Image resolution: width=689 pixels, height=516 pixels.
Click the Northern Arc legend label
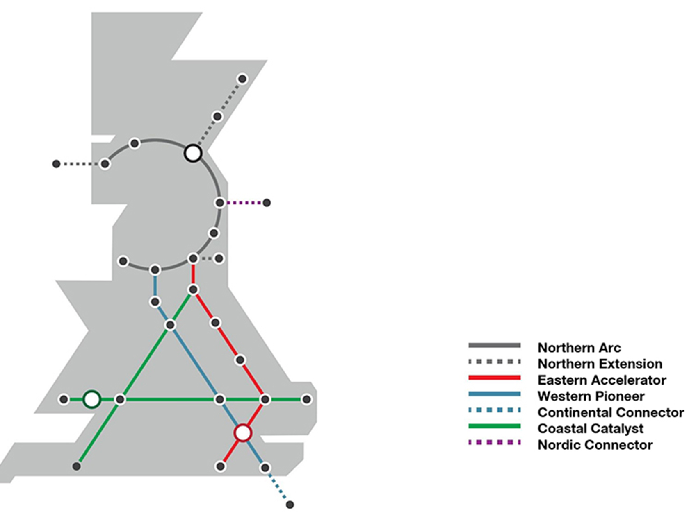coord(579,348)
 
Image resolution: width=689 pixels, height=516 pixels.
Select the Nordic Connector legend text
coord(595,445)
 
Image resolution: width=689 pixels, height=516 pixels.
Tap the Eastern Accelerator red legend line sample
coord(494,378)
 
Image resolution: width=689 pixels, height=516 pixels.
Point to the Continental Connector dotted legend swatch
coord(494,410)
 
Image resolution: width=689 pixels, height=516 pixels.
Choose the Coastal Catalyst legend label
coord(590,428)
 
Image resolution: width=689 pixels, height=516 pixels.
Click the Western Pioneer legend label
coord(591,396)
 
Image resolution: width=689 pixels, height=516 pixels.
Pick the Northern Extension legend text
coord(600,364)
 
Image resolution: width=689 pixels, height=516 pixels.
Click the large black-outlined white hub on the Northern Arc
coord(193,153)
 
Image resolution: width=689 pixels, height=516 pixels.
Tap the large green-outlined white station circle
coord(92,399)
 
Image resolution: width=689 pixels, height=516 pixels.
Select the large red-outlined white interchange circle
coord(242,432)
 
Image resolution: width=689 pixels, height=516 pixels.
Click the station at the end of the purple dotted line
coord(267,202)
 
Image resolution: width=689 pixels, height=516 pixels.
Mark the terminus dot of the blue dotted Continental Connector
coord(290,505)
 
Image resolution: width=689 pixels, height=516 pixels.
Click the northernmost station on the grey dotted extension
coord(242,79)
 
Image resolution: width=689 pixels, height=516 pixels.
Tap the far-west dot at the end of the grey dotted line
coord(56,164)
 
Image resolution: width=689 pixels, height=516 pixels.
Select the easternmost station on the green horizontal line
coord(306,399)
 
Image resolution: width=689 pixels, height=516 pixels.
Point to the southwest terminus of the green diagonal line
coord(76,466)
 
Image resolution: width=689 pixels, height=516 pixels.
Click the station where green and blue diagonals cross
coord(170,325)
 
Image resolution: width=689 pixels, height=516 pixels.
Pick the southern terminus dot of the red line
coord(221,466)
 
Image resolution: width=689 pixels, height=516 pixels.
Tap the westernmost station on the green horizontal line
coord(64,399)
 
